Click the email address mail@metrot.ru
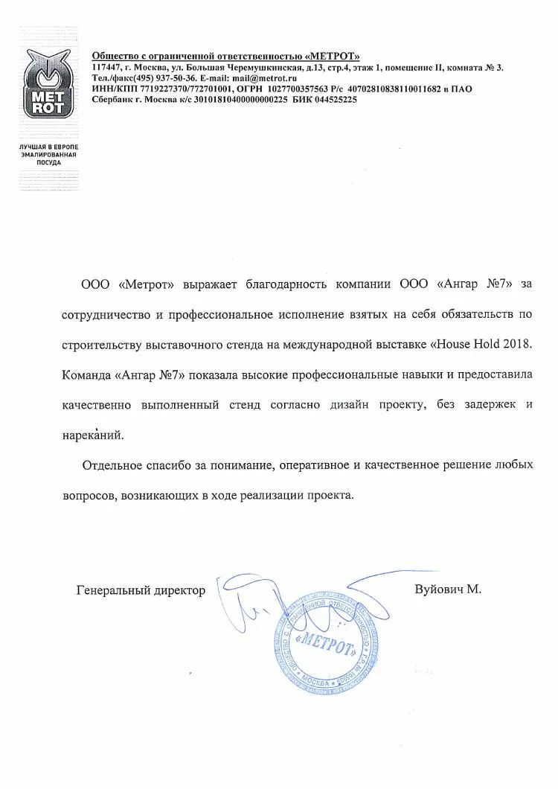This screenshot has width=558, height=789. [x=260, y=78]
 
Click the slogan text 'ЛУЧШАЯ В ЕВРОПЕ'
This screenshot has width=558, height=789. [x=48, y=147]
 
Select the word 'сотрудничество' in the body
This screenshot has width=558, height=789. [x=105, y=314]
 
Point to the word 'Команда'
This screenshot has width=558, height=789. [x=87, y=375]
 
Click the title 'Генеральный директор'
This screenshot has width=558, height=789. [x=141, y=590]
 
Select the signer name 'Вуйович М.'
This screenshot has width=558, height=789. [x=448, y=589]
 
